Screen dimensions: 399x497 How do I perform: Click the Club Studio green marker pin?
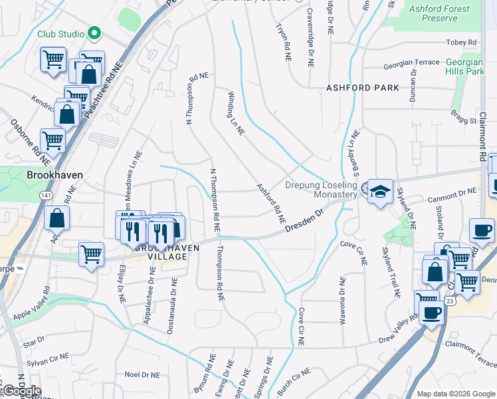(94, 33)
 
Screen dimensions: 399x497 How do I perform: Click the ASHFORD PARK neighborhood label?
(363, 88)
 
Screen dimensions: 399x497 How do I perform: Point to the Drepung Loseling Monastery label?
(321, 190)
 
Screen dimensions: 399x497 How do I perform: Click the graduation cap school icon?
(380, 192)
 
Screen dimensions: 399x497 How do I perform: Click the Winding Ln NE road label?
(236, 113)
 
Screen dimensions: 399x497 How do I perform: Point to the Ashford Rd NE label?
(271, 203)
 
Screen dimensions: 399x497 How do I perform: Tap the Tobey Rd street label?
(462, 43)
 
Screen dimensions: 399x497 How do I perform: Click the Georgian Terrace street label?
(411, 63)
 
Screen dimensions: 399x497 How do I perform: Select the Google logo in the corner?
(22, 391)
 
